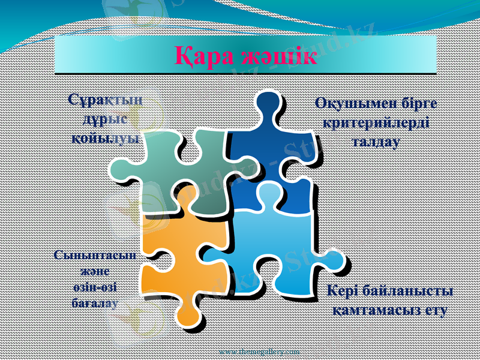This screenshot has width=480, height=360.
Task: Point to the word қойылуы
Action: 106,137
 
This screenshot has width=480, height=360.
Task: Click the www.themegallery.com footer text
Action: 259,350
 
